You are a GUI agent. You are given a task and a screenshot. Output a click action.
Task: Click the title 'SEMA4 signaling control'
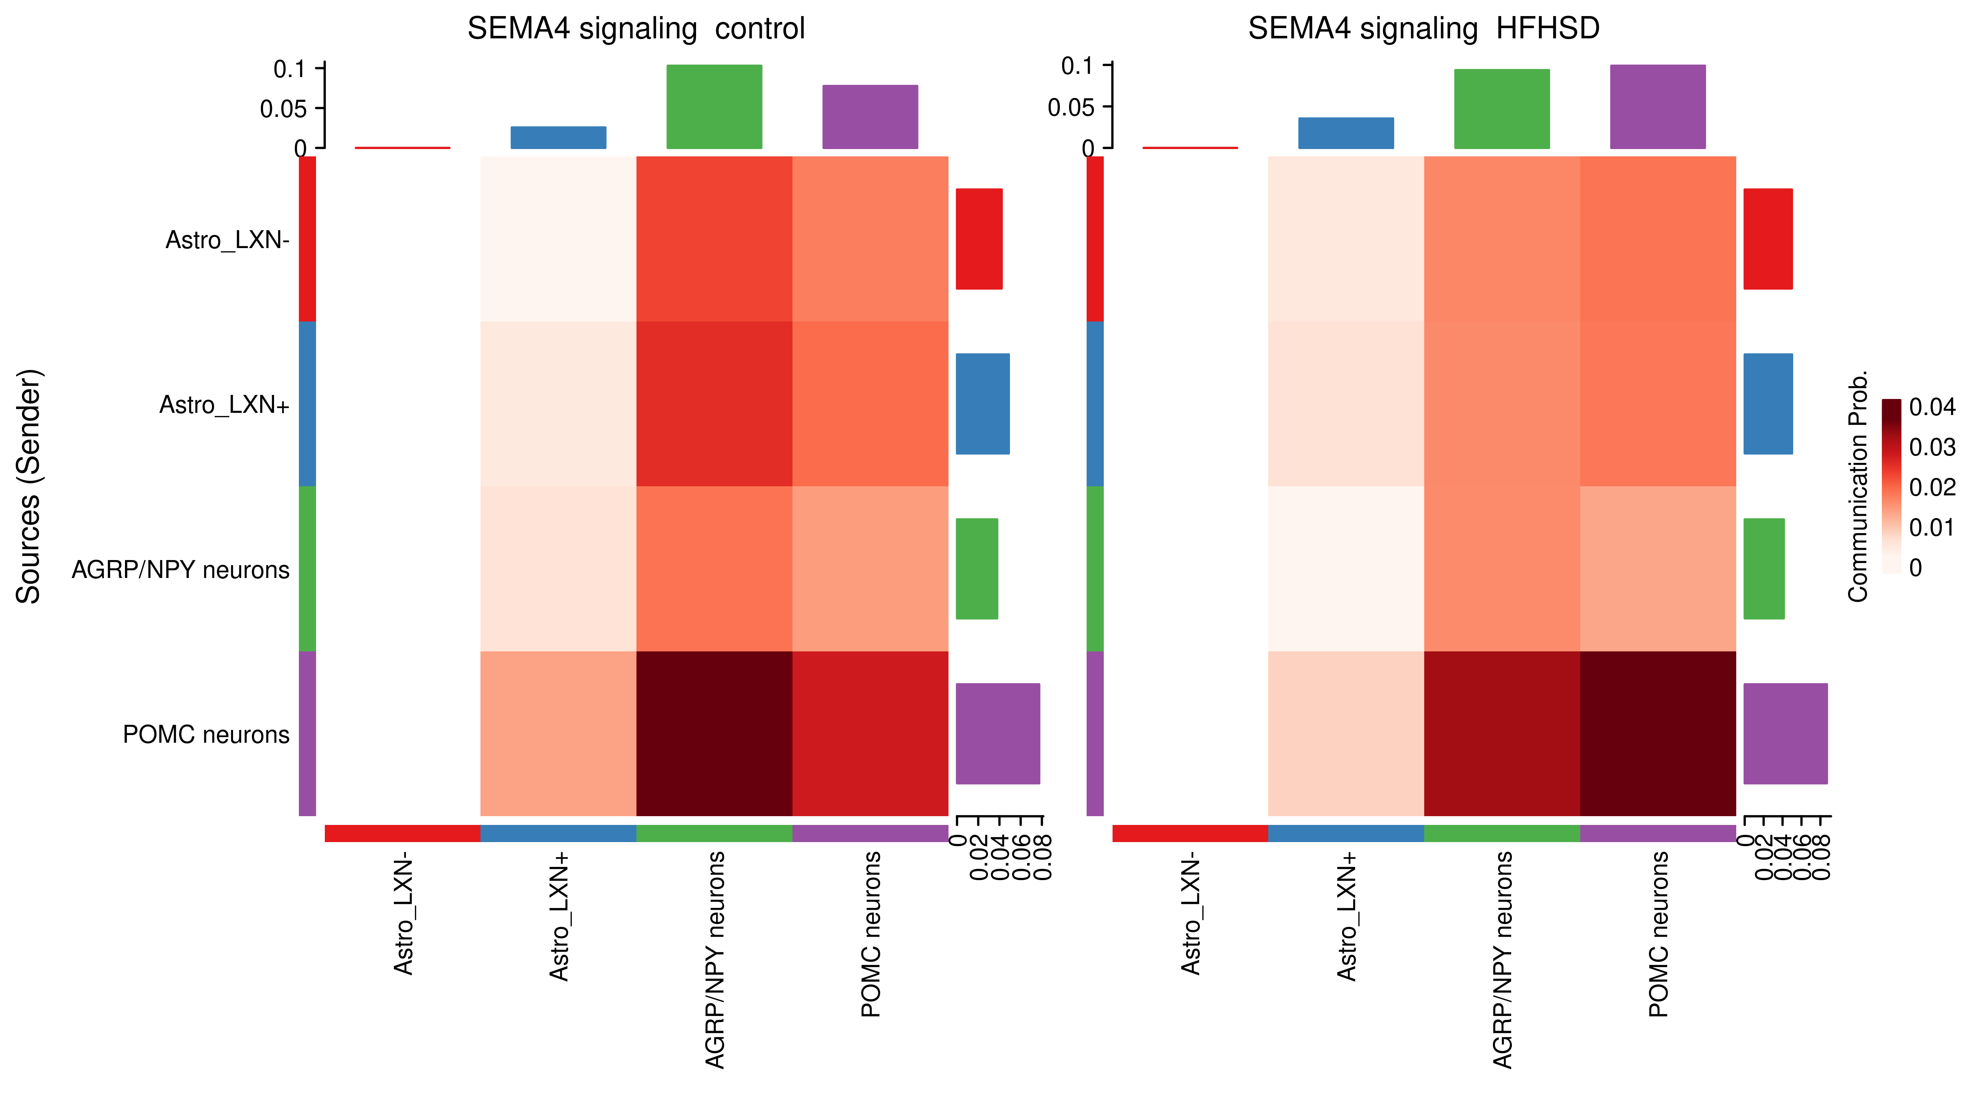[x=636, y=29]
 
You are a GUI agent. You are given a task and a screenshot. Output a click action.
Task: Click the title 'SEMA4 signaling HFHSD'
[x=1423, y=29]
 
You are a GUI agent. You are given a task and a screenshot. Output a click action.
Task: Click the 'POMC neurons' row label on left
[x=206, y=734]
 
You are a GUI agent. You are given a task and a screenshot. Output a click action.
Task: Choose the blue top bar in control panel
[x=558, y=138]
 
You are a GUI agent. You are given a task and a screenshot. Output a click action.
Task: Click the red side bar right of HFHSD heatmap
[x=1768, y=239]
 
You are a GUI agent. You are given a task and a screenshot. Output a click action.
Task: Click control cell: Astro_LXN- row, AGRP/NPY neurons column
[x=714, y=239]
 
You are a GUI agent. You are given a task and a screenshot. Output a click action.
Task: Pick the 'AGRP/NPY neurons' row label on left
[x=181, y=570]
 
